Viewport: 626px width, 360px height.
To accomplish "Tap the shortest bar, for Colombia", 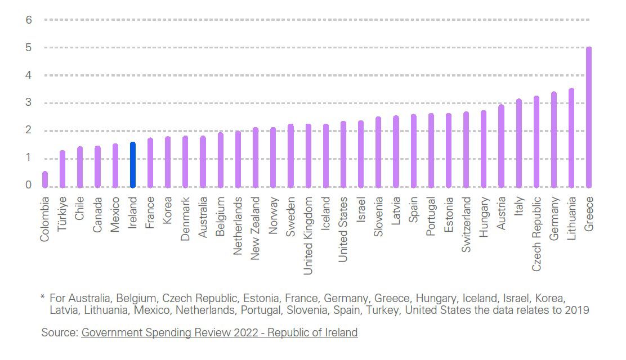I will click(x=45, y=179).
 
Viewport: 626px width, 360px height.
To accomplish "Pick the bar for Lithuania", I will click(x=571, y=138).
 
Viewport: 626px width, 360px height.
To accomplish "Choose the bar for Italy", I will click(x=519, y=143).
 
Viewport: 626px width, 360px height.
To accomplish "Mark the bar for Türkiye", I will click(x=62, y=169).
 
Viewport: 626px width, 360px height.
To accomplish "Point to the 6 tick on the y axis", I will click(x=29, y=20).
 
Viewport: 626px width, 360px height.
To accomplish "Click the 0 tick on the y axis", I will click(x=29, y=185).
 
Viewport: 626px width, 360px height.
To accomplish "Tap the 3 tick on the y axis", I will click(x=29, y=103).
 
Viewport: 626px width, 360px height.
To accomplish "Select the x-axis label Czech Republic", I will click(x=536, y=233).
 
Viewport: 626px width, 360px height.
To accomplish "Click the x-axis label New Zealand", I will click(x=256, y=228).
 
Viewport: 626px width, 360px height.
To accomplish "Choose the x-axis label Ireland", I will click(x=133, y=211).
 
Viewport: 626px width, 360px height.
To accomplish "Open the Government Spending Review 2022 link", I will click(x=220, y=332).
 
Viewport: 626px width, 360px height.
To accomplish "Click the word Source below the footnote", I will click(x=59, y=332).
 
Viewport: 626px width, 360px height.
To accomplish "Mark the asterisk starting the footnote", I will click(x=42, y=296).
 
